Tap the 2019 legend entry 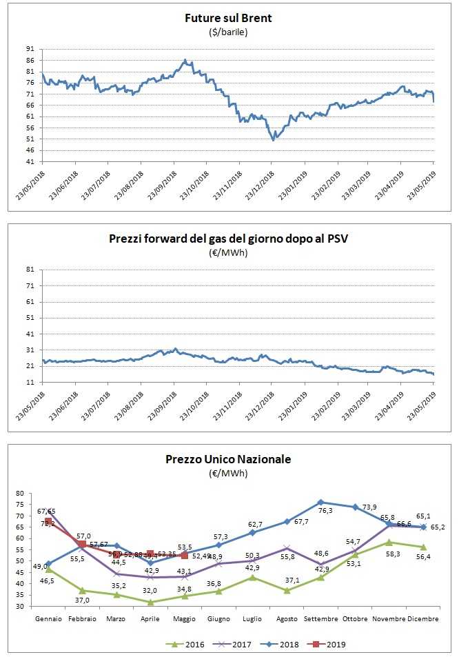[x=333, y=645]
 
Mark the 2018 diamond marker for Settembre [x=320, y=502]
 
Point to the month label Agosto [x=287, y=619]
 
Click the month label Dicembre [x=423, y=619]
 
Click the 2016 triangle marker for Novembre [x=389, y=543]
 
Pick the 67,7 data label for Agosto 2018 [x=301, y=522]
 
